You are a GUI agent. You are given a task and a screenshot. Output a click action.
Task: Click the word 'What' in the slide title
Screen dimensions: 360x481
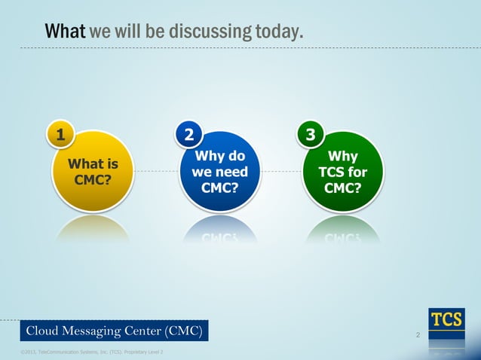point(66,32)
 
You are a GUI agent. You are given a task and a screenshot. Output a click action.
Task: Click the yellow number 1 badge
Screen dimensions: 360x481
point(60,135)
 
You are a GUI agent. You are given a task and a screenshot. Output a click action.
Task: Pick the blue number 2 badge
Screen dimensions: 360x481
point(189,135)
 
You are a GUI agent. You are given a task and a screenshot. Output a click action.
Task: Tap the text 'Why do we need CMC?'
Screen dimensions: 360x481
point(220,172)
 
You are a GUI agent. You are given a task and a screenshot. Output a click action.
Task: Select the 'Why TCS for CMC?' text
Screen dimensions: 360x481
point(344,172)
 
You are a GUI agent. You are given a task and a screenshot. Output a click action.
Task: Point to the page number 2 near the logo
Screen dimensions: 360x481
point(418,334)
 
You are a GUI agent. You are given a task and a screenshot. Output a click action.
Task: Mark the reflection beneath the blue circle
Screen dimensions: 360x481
point(220,230)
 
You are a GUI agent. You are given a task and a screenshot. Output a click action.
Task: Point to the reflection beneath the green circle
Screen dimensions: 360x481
point(344,230)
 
